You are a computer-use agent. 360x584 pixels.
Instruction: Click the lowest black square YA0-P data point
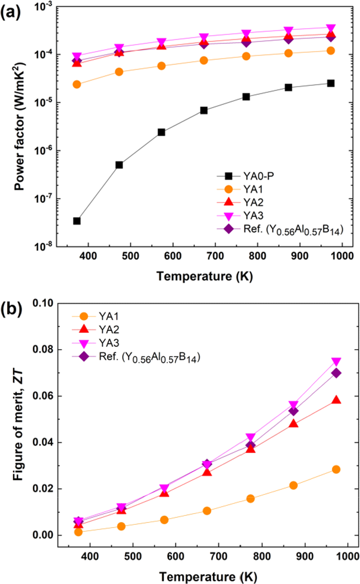pos(77,221)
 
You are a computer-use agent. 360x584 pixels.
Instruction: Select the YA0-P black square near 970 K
pos(330,83)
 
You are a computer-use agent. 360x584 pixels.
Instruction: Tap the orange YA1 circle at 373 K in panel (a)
pos(77,85)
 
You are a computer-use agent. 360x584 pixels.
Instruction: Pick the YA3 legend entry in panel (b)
pos(109,343)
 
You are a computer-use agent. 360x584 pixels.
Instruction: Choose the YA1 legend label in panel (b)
pos(109,316)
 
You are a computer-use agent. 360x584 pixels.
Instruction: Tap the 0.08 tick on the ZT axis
pos(43,349)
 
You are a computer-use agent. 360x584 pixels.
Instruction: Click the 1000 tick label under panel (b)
pos(348,556)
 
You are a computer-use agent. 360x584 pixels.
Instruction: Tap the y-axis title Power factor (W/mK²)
pos(19,126)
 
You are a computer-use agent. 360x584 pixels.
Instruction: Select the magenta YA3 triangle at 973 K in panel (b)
pos(336,362)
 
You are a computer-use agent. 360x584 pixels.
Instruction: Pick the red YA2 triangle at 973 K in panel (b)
pos(336,400)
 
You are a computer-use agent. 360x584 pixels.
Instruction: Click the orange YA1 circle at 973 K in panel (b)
pos(336,469)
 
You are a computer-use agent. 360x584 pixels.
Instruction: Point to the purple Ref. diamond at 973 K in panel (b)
pos(336,373)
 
